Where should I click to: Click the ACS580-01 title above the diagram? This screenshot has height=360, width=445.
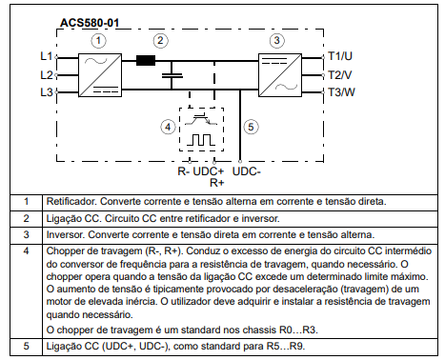point(90,23)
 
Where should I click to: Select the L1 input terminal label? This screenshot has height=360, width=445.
point(47,56)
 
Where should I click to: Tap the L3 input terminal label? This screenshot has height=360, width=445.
point(47,92)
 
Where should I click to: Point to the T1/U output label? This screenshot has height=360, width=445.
point(340,56)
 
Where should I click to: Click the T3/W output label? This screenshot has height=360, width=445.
point(341,92)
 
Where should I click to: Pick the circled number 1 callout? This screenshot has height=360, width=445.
point(98,41)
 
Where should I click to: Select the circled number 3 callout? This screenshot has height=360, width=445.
point(276,41)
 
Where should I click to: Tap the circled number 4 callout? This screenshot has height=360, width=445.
point(168,127)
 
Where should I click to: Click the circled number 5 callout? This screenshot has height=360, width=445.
point(251,127)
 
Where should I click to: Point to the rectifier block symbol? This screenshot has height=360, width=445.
point(100,75)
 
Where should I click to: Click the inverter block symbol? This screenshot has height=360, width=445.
point(280,75)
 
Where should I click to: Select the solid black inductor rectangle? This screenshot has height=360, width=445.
point(146,60)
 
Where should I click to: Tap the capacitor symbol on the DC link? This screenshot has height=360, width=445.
point(172,75)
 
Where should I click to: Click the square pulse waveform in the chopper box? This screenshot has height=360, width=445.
point(201,140)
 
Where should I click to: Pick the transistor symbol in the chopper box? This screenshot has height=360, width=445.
point(201,119)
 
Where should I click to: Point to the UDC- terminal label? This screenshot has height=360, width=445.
point(247,171)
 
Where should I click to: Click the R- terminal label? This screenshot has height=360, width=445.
point(184,171)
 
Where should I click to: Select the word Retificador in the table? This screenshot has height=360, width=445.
point(71,201)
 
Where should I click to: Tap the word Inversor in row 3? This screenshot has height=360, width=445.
point(66,234)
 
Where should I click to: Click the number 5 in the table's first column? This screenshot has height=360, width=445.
point(27,346)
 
